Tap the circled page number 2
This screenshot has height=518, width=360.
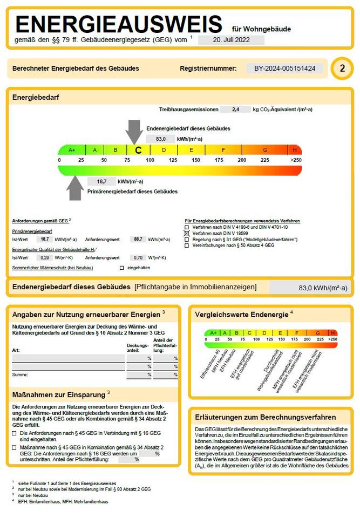coord(342,69)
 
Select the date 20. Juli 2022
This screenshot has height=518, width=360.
coord(232,40)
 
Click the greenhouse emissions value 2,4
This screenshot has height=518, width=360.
coord(235,110)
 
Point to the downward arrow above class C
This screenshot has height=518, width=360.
coord(135,132)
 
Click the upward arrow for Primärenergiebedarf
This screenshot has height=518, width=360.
coord(76,187)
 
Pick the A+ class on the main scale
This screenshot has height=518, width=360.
coord(72,150)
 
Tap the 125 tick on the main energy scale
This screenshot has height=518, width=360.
coord(173,160)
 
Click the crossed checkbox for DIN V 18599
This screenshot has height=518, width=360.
coord(187,233)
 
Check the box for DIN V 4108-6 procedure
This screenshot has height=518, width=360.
coord(187,227)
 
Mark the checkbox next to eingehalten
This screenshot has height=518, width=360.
coord(122,268)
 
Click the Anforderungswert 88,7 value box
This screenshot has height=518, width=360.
coord(138,239)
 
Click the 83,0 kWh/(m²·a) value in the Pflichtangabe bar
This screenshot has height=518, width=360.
coord(323,288)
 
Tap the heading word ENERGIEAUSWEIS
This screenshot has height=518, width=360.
coord(119,24)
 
